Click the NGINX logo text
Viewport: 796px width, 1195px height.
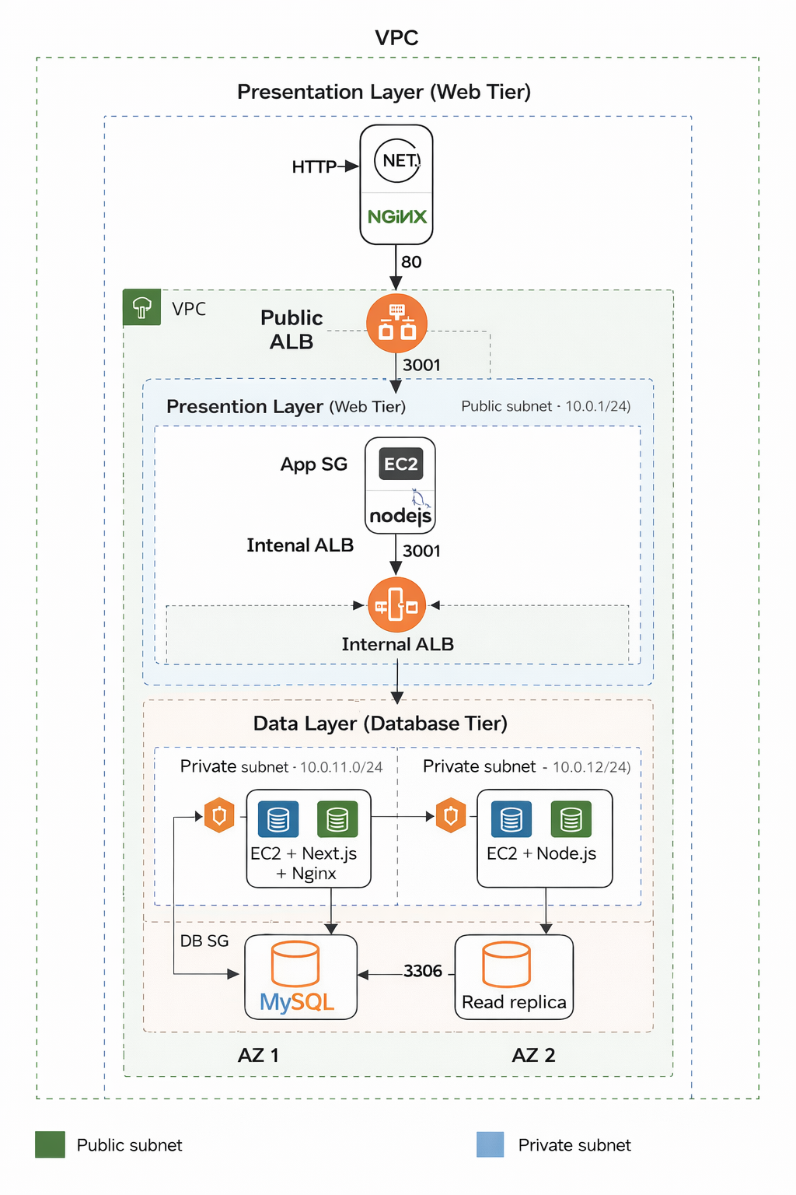[397, 217]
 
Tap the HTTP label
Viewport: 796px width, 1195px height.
[314, 166]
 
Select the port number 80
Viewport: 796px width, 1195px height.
[411, 262]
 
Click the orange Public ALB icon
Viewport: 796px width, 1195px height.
[397, 323]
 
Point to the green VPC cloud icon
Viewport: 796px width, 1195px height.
[141, 307]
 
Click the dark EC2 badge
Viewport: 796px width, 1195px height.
[401, 464]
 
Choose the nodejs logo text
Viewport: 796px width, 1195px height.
[400, 516]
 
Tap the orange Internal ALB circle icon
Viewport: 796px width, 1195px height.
[396, 605]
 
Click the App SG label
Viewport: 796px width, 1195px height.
[314, 464]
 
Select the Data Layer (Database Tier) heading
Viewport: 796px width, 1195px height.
[380, 724]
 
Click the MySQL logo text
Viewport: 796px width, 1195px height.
[297, 1001]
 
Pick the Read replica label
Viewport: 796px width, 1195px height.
[514, 1002]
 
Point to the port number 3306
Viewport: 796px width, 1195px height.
[423, 971]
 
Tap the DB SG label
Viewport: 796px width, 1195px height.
[204, 941]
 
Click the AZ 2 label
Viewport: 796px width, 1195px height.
[533, 1055]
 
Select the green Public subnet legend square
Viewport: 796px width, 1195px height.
[51, 1144]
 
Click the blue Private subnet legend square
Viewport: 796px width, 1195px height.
[491, 1144]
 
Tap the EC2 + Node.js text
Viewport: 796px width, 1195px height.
[542, 853]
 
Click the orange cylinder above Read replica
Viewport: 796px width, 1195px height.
[506, 964]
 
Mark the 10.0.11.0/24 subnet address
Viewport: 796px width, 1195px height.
[341, 767]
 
